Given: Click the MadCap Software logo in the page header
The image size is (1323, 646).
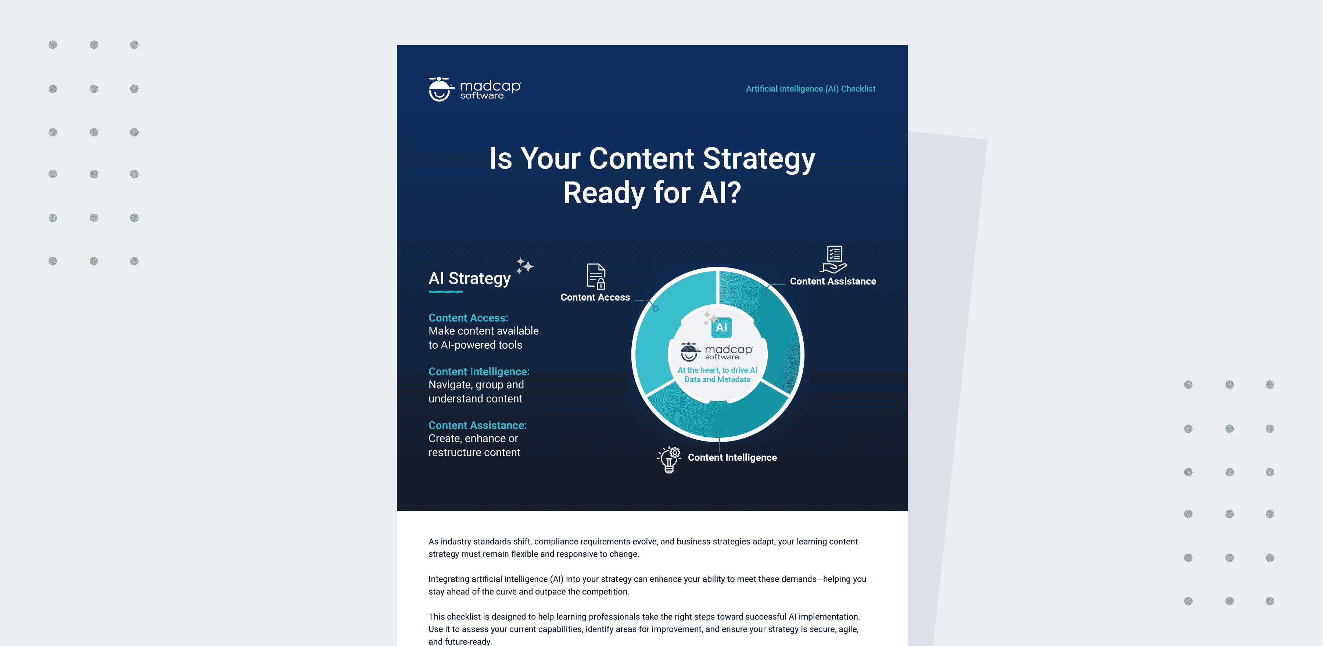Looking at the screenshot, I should tap(474, 89).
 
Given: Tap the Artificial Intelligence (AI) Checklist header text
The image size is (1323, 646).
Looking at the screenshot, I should tap(810, 89).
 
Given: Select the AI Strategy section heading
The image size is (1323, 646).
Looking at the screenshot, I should tap(469, 278).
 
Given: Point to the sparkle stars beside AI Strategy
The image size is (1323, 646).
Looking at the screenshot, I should tap(524, 266).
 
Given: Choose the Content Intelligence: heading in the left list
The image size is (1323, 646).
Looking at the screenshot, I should tap(478, 371).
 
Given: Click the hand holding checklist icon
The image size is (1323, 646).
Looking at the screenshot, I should tap(833, 259).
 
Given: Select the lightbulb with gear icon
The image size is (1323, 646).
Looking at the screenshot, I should tap(669, 459).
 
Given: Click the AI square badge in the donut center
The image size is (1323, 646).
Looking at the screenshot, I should tap(721, 327).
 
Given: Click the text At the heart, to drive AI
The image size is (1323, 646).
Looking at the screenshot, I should tap(717, 370).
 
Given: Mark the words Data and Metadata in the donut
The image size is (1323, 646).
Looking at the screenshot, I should tap(717, 379).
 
